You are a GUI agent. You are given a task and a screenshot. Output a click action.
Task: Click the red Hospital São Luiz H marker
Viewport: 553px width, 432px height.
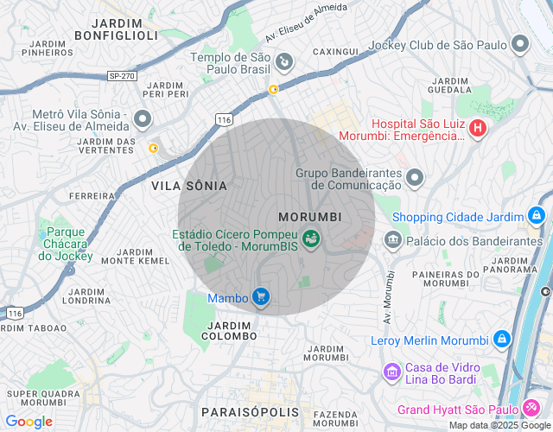(478, 130)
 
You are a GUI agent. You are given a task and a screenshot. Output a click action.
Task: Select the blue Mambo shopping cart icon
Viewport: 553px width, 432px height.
(261, 298)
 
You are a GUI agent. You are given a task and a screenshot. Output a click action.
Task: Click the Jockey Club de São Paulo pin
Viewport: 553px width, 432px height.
(520, 44)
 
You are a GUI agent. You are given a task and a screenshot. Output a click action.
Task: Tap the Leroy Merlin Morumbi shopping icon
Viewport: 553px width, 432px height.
(501, 340)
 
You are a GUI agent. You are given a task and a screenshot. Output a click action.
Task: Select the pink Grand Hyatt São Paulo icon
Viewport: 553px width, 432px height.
(531, 409)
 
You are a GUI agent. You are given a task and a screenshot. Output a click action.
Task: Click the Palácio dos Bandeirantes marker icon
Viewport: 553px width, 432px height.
(393, 238)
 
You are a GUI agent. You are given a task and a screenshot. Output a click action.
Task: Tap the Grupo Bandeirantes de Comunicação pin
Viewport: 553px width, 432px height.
(416, 178)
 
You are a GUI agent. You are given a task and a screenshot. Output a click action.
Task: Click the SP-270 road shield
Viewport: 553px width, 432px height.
(122, 76)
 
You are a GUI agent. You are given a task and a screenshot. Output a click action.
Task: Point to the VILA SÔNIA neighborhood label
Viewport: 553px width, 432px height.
(189, 186)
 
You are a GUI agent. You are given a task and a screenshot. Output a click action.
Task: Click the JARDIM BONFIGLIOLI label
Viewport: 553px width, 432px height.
(116, 29)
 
